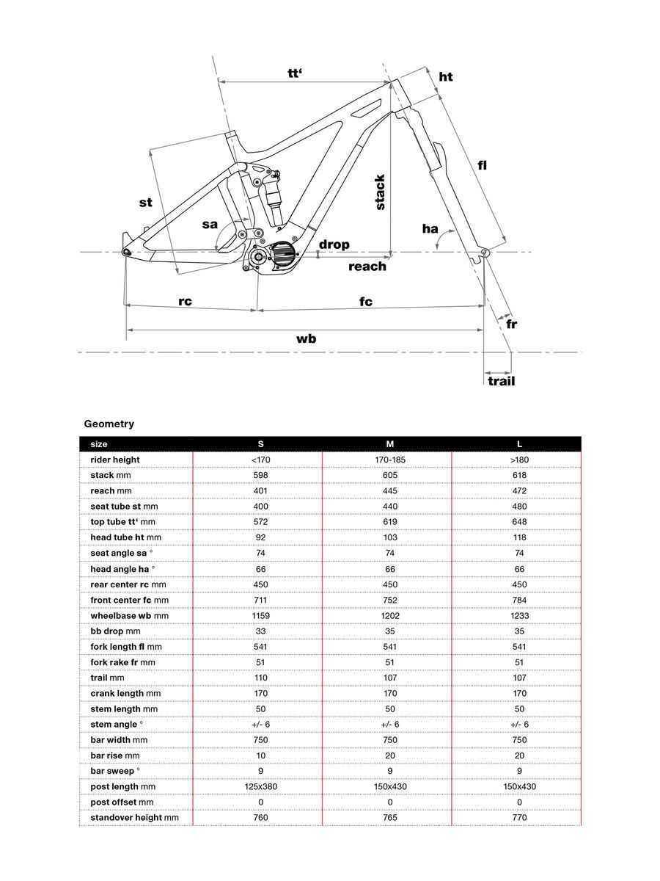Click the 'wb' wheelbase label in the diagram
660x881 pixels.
pos(306,338)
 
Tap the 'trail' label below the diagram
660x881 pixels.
pos(502,381)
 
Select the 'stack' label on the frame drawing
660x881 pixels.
pos(380,192)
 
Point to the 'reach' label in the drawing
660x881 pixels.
pos(367,267)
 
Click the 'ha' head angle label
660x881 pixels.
pos(430,229)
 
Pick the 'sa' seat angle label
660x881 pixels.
pos(210,224)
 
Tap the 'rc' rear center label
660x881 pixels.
pos(185,301)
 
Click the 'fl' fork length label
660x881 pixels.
pos(482,165)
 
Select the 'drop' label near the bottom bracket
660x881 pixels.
pos(334,244)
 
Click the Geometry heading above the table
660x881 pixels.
pos(109,424)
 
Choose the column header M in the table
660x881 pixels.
pos(390,444)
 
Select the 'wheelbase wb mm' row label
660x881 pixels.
pos(129,615)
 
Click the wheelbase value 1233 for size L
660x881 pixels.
pos(519,615)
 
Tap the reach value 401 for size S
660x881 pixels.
pos(260,491)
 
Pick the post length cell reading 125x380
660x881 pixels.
pos(260,786)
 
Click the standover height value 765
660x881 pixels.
pos(390,817)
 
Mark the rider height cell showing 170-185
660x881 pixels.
pos(390,460)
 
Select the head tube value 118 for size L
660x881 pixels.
pos(519,537)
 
